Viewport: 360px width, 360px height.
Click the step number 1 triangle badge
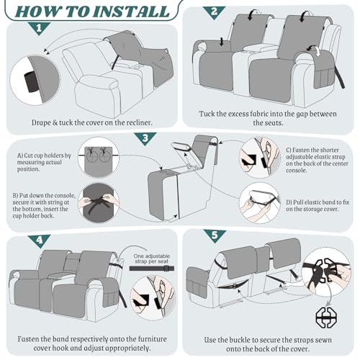pos(39,28)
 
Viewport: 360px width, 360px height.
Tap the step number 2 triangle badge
pos(214,12)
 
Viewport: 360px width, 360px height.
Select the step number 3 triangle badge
pos(145,138)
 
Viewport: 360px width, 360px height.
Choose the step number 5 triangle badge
pos(215,235)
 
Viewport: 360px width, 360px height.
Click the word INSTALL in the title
pos(131,12)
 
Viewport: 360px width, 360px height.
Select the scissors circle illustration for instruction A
pos(99,157)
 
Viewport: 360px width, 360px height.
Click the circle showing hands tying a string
pos(99,203)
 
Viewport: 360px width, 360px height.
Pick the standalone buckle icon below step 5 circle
pos(326,318)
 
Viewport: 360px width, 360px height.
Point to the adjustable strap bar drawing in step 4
pos(152,268)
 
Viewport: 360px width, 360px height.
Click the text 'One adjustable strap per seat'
pos(152,258)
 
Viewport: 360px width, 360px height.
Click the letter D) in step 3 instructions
pos(289,202)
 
